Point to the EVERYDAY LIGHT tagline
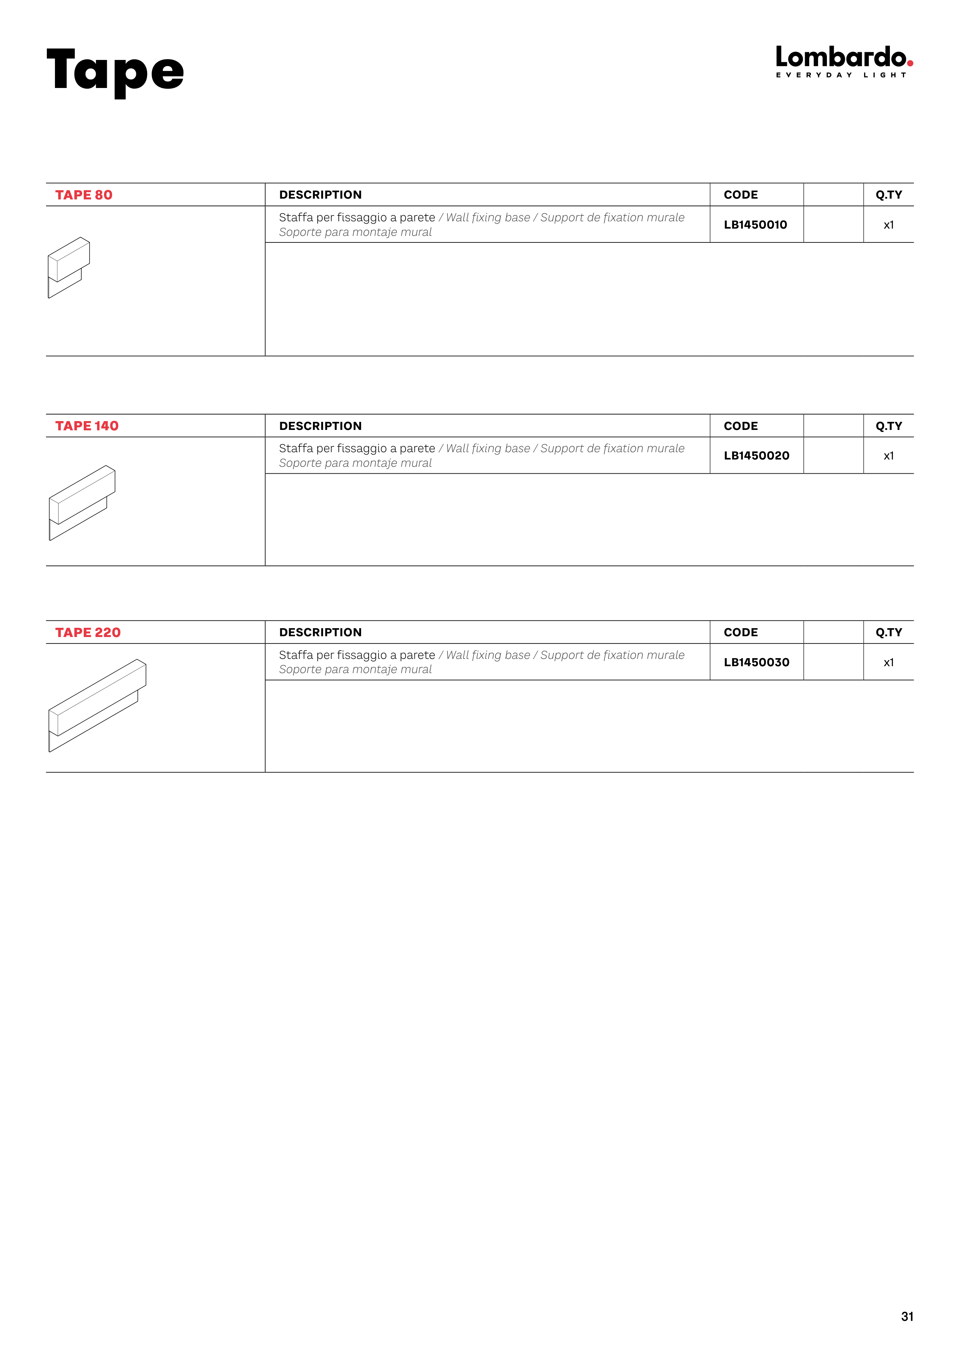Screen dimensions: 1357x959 click(840, 75)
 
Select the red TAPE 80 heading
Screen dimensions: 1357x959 click(84, 195)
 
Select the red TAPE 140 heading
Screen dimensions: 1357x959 click(87, 426)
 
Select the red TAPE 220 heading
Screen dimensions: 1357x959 click(88, 632)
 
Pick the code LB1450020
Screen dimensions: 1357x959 click(756, 456)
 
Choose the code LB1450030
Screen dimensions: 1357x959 click(756, 662)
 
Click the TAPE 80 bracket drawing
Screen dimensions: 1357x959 click(68, 267)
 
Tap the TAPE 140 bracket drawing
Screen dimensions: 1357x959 click(82, 503)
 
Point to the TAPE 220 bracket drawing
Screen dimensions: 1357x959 click(98, 705)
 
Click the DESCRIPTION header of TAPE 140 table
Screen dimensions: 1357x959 click(320, 426)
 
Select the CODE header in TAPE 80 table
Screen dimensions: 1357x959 click(740, 195)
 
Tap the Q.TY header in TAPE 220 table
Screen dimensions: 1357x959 click(889, 632)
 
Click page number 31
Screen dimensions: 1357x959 click(907, 1317)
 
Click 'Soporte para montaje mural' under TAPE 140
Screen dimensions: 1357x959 click(355, 463)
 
